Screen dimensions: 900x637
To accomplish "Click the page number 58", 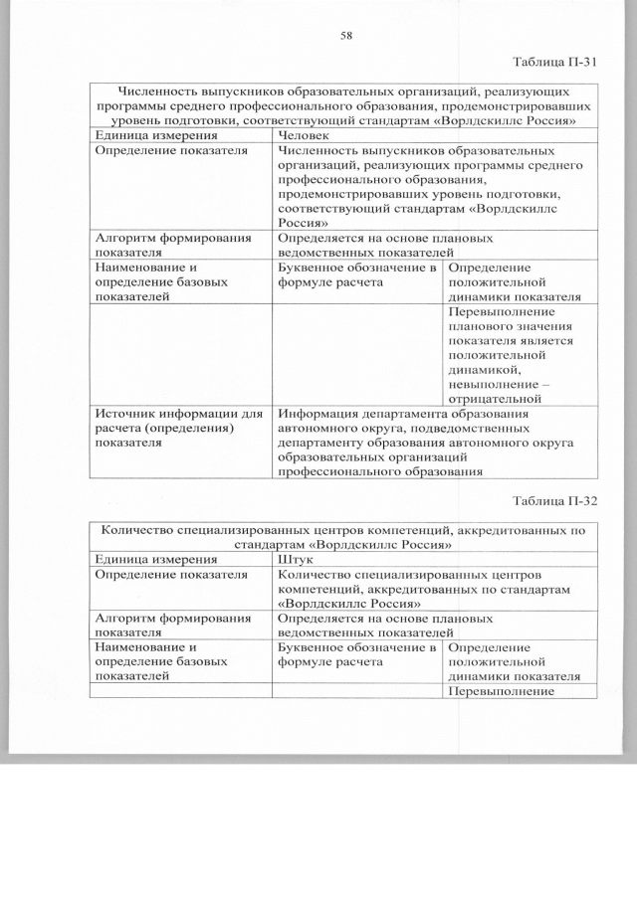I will click(346, 35).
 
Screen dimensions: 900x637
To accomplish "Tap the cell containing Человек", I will click(307, 135).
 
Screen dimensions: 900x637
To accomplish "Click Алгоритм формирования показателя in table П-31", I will click(171, 245).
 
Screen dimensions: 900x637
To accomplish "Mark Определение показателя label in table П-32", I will click(170, 574).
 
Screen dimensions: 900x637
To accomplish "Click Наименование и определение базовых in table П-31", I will click(160, 281).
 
